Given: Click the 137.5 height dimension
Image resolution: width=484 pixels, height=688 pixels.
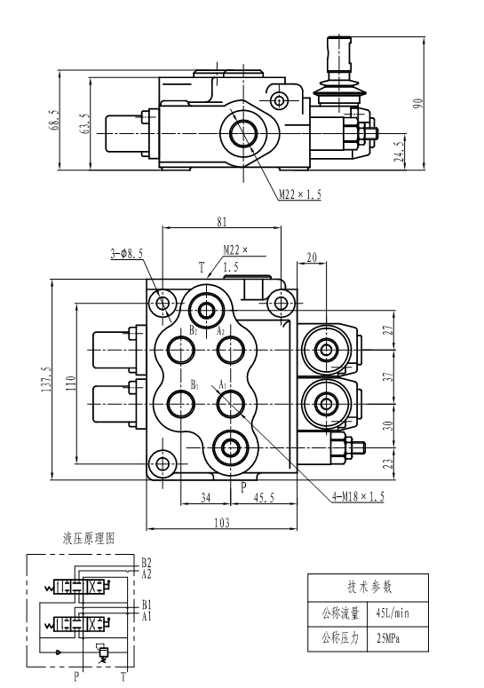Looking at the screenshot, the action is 48,380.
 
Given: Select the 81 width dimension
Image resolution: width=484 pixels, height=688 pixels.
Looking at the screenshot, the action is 222,222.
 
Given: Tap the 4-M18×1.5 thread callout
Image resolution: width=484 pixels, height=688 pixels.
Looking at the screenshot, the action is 358,496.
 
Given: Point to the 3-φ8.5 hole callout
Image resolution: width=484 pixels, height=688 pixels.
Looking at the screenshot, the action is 126,254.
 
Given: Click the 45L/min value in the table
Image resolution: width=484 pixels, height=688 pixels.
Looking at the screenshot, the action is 393,613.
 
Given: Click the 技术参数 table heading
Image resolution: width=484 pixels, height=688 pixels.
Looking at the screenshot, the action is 369,587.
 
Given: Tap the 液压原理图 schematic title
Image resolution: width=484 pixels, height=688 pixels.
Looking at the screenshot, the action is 89,538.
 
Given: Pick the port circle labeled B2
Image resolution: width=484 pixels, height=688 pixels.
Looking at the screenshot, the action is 181,350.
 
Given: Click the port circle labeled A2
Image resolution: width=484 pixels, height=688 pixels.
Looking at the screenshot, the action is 231,350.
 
